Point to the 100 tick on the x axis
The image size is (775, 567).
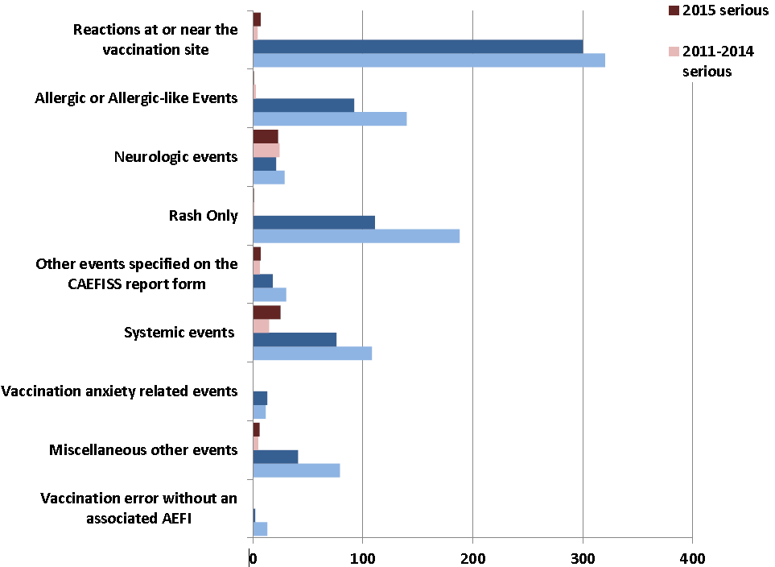(x=363, y=558)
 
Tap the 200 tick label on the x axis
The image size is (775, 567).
(x=473, y=558)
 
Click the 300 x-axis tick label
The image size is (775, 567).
(x=583, y=558)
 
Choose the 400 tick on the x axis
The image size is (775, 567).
(x=692, y=558)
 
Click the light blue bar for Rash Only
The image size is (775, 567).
(x=356, y=236)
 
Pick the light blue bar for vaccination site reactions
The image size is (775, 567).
(x=429, y=60)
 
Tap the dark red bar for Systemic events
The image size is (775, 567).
(x=266, y=312)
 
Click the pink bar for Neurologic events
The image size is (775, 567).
(x=266, y=151)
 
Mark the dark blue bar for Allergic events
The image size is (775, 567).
(x=303, y=106)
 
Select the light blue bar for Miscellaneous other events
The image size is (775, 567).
(x=296, y=470)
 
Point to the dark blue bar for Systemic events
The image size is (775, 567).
(x=295, y=339)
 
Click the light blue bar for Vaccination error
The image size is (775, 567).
(x=260, y=528)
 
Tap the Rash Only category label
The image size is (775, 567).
(x=203, y=216)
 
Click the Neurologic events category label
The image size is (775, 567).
(x=176, y=156)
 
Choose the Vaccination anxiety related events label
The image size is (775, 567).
(x=119, y=391)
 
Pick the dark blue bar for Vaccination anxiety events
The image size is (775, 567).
(x=260, y=398)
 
